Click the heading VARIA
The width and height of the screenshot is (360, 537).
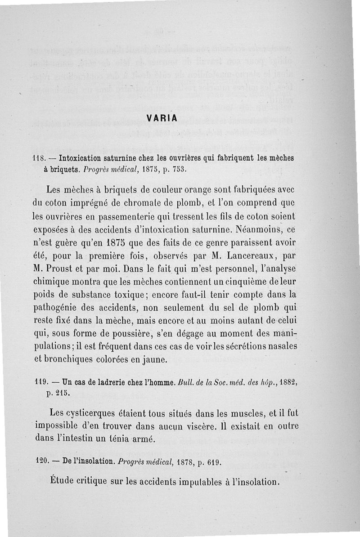(x=162, y=118)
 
